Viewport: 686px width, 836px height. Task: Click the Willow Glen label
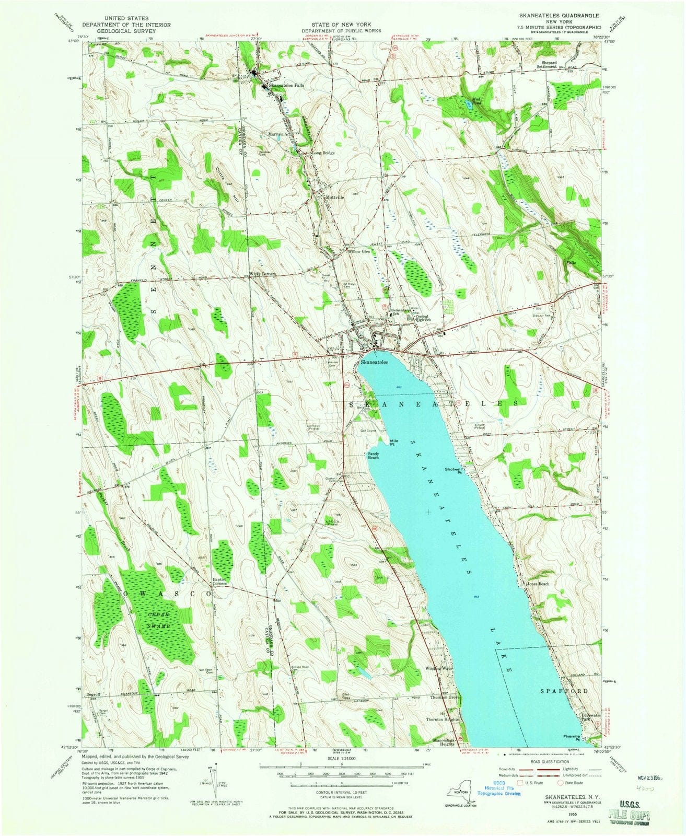coord(359,251)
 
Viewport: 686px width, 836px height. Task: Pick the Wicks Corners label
coord(262,274)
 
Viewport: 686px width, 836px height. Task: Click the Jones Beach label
coord(538,584)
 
